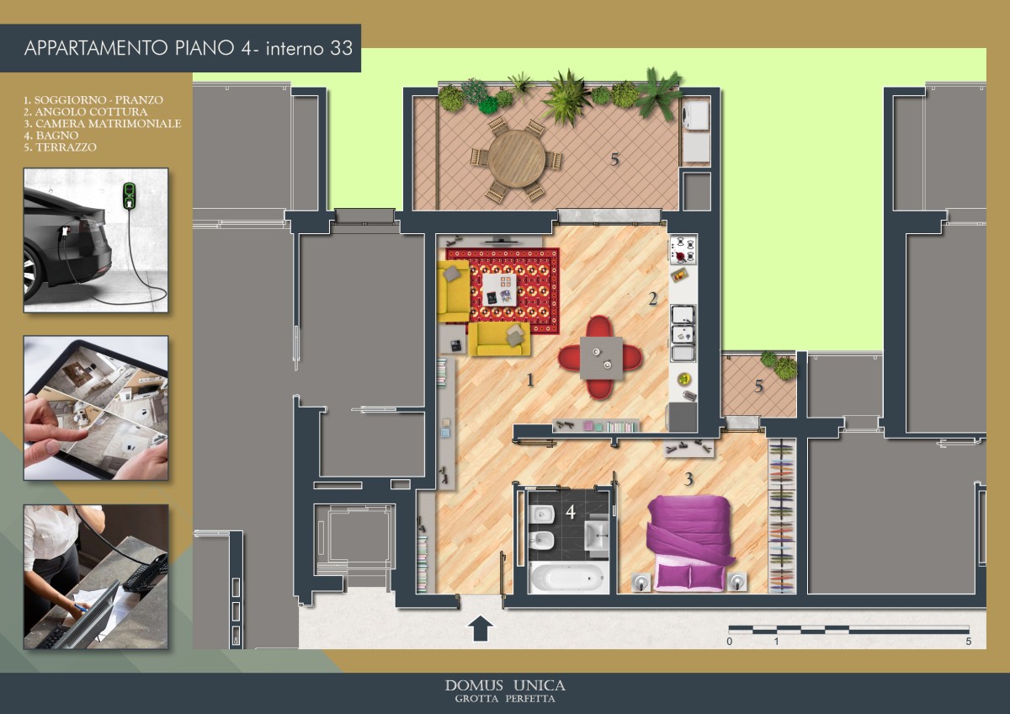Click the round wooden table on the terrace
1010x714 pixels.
(x=517, y=158)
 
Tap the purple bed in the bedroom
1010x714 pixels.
(x=689, y=543)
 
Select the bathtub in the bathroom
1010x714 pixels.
(x=567, y=578)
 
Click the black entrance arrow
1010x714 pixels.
(x=481, y=628)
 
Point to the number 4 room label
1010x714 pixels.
(x=571, y=512)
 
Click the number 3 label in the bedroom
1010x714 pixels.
(x=688, y=479)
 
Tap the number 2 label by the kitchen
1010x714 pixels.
(x=653, y=298)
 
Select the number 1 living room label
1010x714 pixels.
(x=531, y=381)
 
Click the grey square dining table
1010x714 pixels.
(x=601, y=358)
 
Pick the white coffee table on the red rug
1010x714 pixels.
(x=500, y=290)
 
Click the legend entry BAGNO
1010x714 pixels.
(x=51, y=136)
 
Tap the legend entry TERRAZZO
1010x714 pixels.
(x=60, y=147)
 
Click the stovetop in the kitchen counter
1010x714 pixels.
(x=683, y=250)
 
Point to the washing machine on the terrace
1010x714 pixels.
(x=696, y=115)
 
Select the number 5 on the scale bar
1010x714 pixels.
(x=969, y=641)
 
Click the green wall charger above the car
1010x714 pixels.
(x=130, y=195)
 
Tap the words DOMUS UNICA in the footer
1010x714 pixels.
(x=505, y=685)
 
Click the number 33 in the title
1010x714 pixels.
(x=341, y=48)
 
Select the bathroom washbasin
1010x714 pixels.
(x=597, y=535)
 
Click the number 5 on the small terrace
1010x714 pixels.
(x=759, y=386)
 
